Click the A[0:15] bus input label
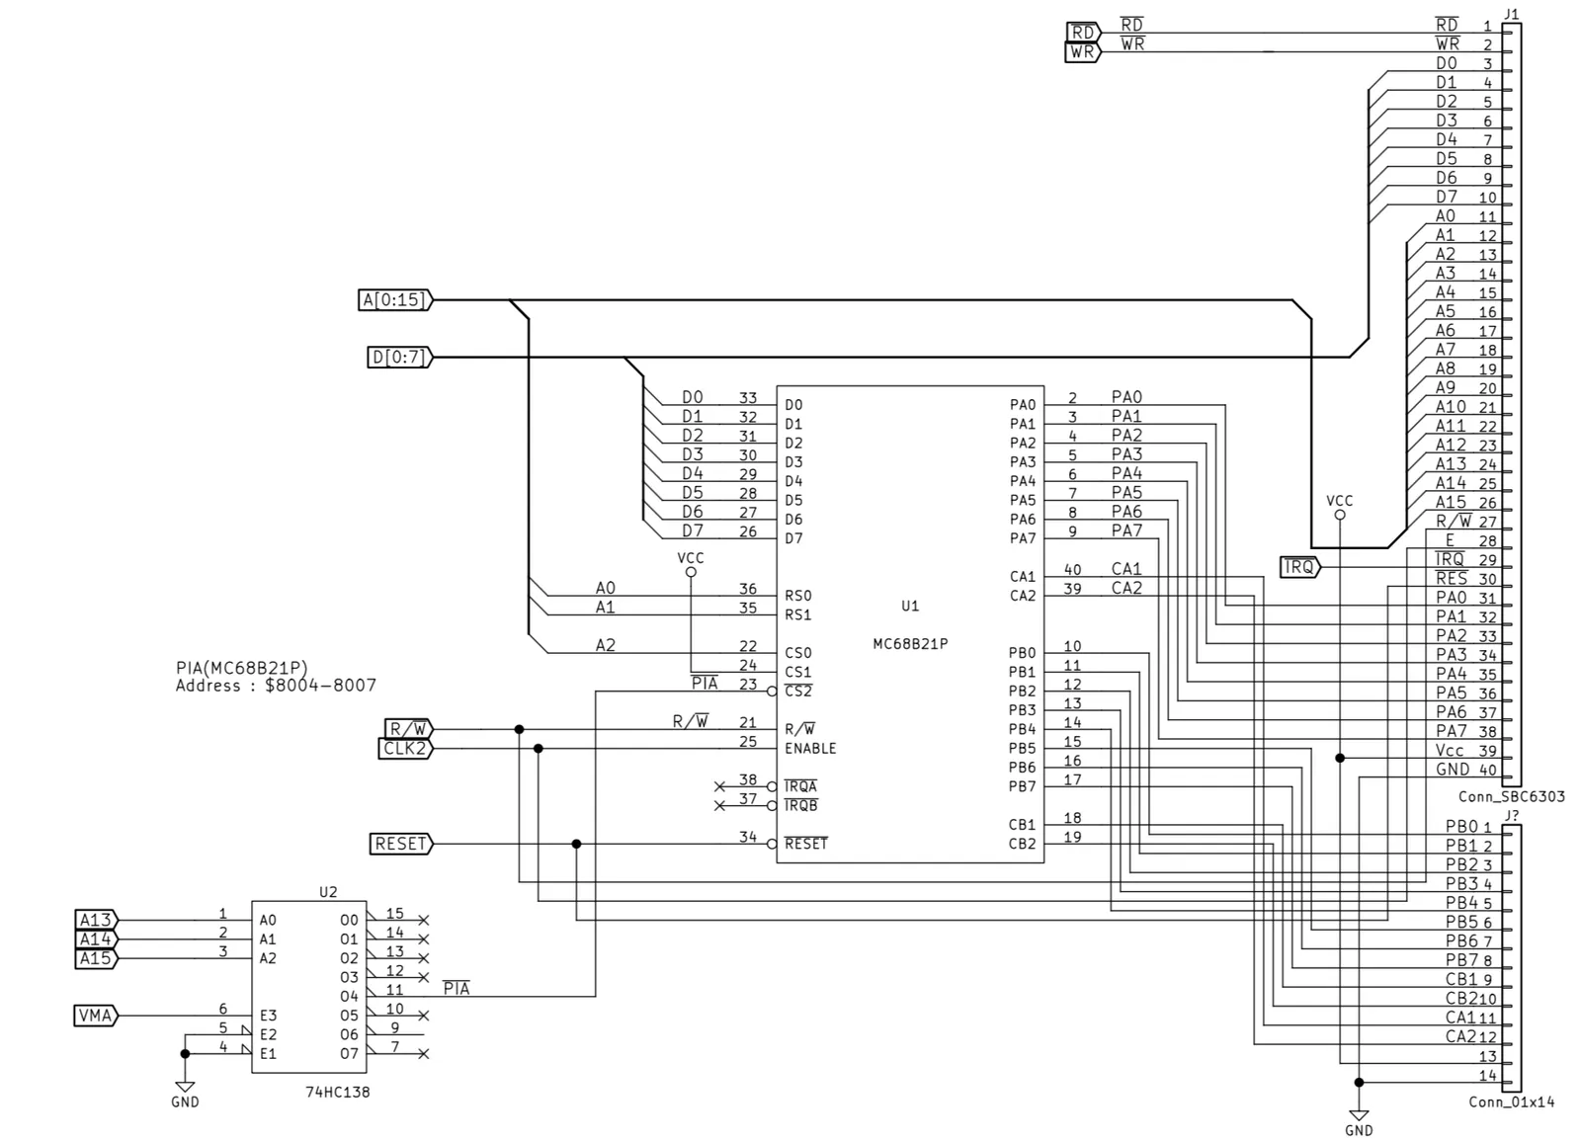(395, 300)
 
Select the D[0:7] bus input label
(400, 358)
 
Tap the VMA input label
(96, 1016)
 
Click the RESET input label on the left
(401, 844)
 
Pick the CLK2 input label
(405, 748)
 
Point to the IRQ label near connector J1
(1299, 567)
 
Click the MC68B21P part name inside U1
(910, 644)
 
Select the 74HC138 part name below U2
(337, 1092)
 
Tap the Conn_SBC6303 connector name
(1511, 797)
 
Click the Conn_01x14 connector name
(1511, 1102)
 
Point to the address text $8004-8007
(320, 686)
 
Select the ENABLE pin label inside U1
(810, 748)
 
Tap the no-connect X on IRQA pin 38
(719, 786)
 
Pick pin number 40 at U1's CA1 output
(1072, 569)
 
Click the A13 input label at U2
(96, 920)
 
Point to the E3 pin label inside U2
(268, 1016)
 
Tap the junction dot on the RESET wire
(577, 844)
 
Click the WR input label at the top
(1082, 52)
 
